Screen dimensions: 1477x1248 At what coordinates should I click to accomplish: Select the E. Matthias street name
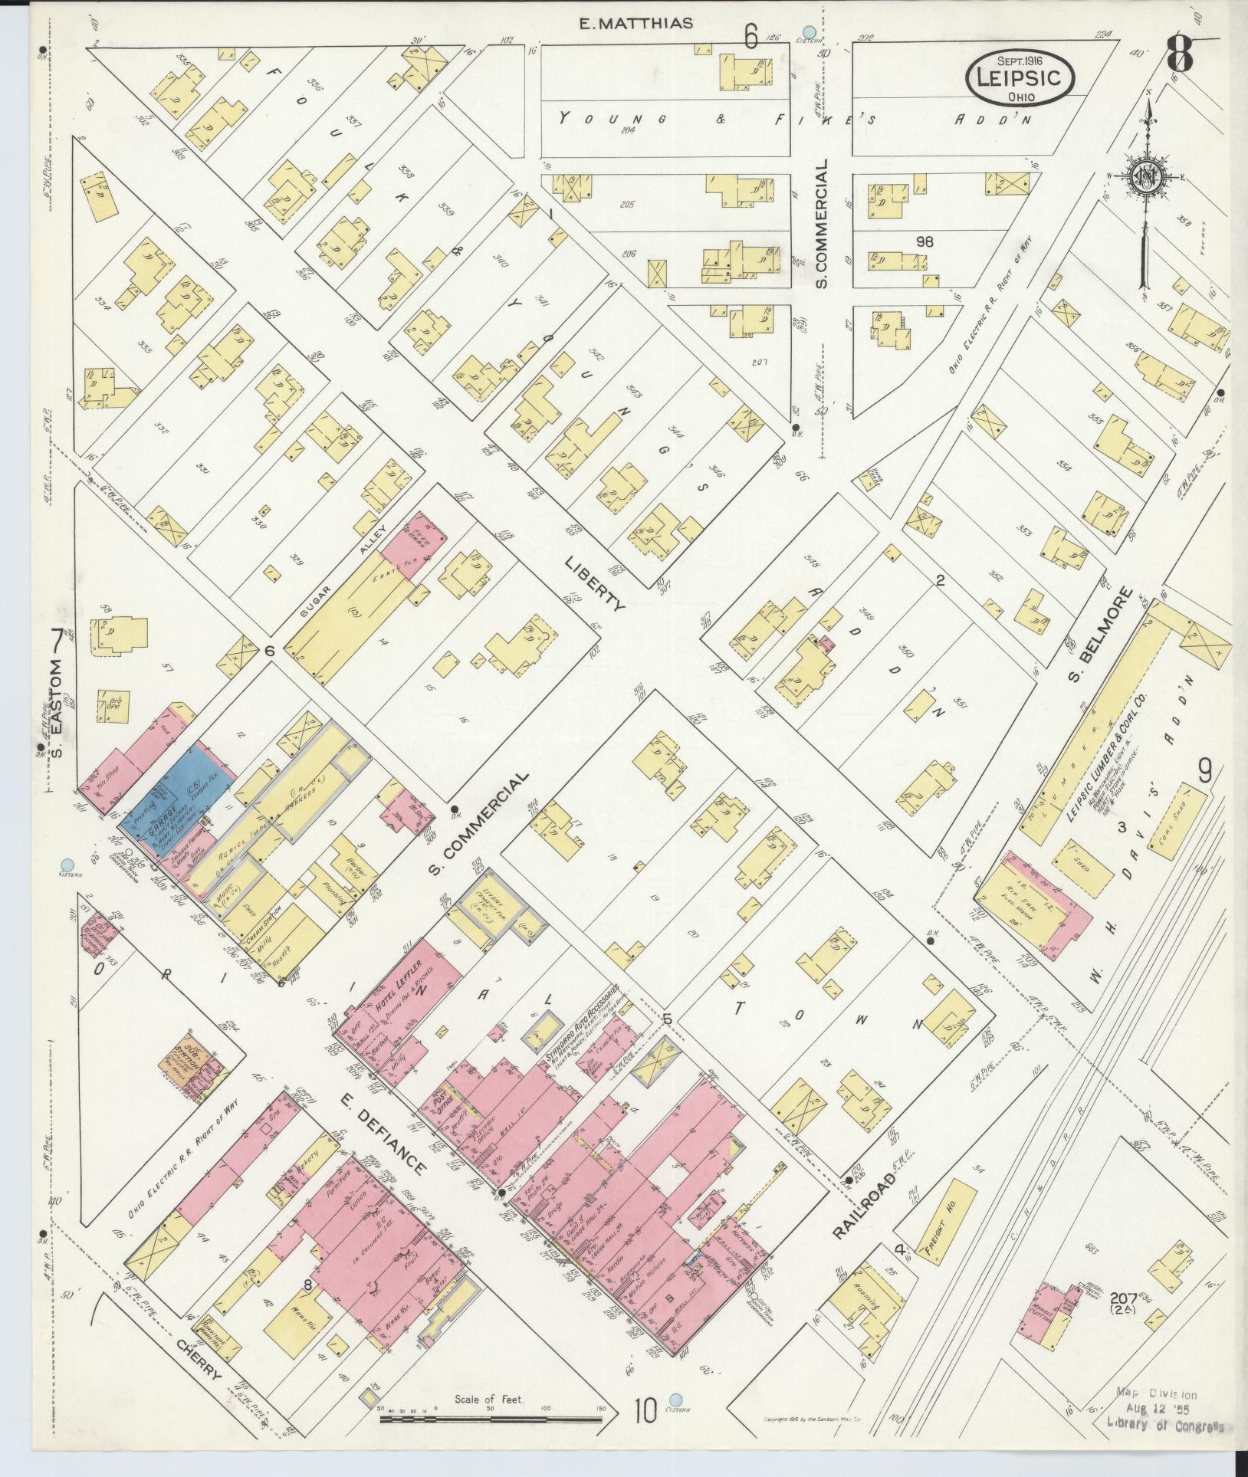635,24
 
